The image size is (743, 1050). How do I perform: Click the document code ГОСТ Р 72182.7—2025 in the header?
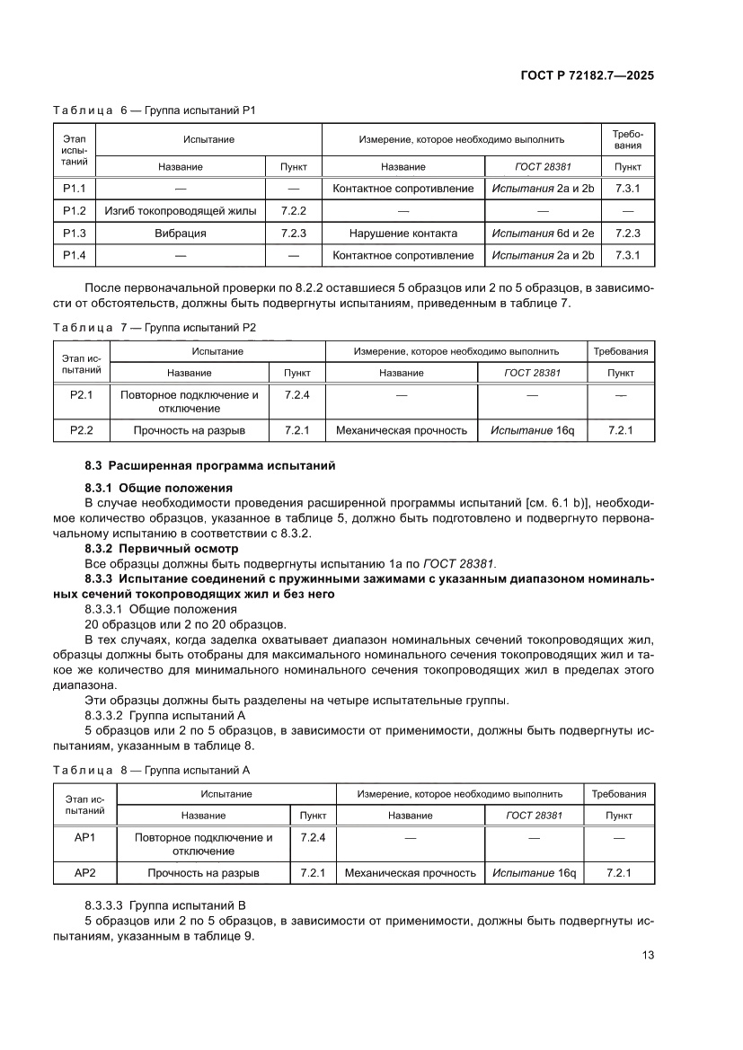(587, 75)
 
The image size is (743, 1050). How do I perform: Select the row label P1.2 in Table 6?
(74, 211)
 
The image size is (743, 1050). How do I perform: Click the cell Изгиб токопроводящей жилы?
(181, 211)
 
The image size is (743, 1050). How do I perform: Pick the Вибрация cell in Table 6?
(181, 234)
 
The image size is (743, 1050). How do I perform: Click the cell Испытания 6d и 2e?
(543, 234)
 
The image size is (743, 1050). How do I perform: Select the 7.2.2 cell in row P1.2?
(294, 211)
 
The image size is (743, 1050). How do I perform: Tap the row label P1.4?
(74, 255)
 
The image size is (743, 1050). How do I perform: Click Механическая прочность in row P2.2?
(401, 430)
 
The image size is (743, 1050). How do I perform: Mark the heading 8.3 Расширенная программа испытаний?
(209, 465)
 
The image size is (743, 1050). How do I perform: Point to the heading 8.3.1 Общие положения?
(158, 488)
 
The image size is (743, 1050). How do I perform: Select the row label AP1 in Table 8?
(84, 837)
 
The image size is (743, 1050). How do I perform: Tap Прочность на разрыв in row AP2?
(203, 872)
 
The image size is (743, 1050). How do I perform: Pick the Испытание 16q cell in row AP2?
(534, 872)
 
